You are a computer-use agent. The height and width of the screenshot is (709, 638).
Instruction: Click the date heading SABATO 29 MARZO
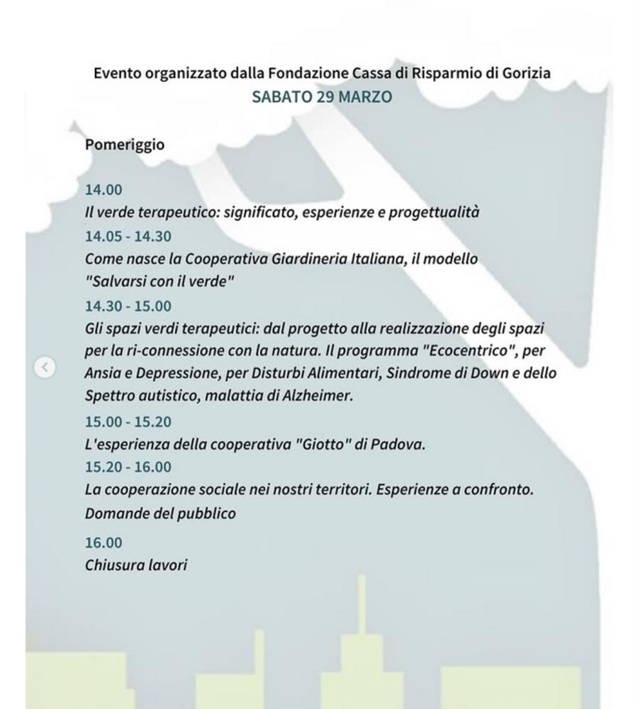tap(321, 96)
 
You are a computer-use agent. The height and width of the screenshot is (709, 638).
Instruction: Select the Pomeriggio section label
tap(125, 145)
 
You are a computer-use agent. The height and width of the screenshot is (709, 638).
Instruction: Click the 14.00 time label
tap(103, 190)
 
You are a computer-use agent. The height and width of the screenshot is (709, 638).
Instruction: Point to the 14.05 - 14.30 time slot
tap(128, 236)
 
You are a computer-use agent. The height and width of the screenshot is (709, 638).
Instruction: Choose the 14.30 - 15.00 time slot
tap(128, 306)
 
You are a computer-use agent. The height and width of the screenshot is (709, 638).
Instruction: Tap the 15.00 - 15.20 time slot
tap(128, 422)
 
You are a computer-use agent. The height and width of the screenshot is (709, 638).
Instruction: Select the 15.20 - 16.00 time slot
tap(128, 467)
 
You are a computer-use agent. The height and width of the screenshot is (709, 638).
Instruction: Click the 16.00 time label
tap(103, 543)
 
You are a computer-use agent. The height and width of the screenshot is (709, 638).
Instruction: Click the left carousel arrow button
tap(45, 367)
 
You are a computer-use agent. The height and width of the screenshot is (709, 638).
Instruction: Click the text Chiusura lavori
tap(136, 566)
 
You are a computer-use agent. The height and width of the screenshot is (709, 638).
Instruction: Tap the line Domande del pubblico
tap(160, 513)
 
